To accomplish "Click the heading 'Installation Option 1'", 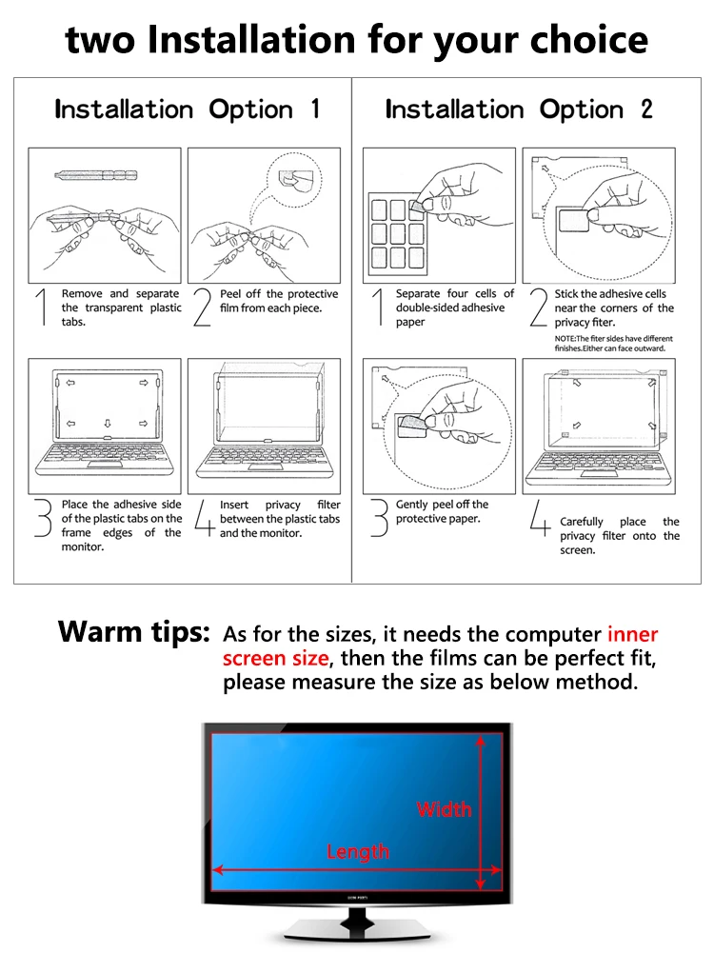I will pos(188,109).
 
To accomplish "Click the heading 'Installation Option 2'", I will pos(519,109).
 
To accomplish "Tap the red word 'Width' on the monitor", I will pos(444,809).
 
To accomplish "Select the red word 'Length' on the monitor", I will pos(357,851).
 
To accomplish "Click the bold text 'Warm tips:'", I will pos(133,632).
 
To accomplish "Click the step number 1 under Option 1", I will pos(40,308).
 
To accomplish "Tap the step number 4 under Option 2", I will pos(540,522).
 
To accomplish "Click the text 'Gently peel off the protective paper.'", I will pos(442,511).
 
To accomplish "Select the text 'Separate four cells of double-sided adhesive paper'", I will pos(454,308).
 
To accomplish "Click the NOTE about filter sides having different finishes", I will pos(613,344).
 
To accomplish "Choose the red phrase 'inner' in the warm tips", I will pos(632,634).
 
